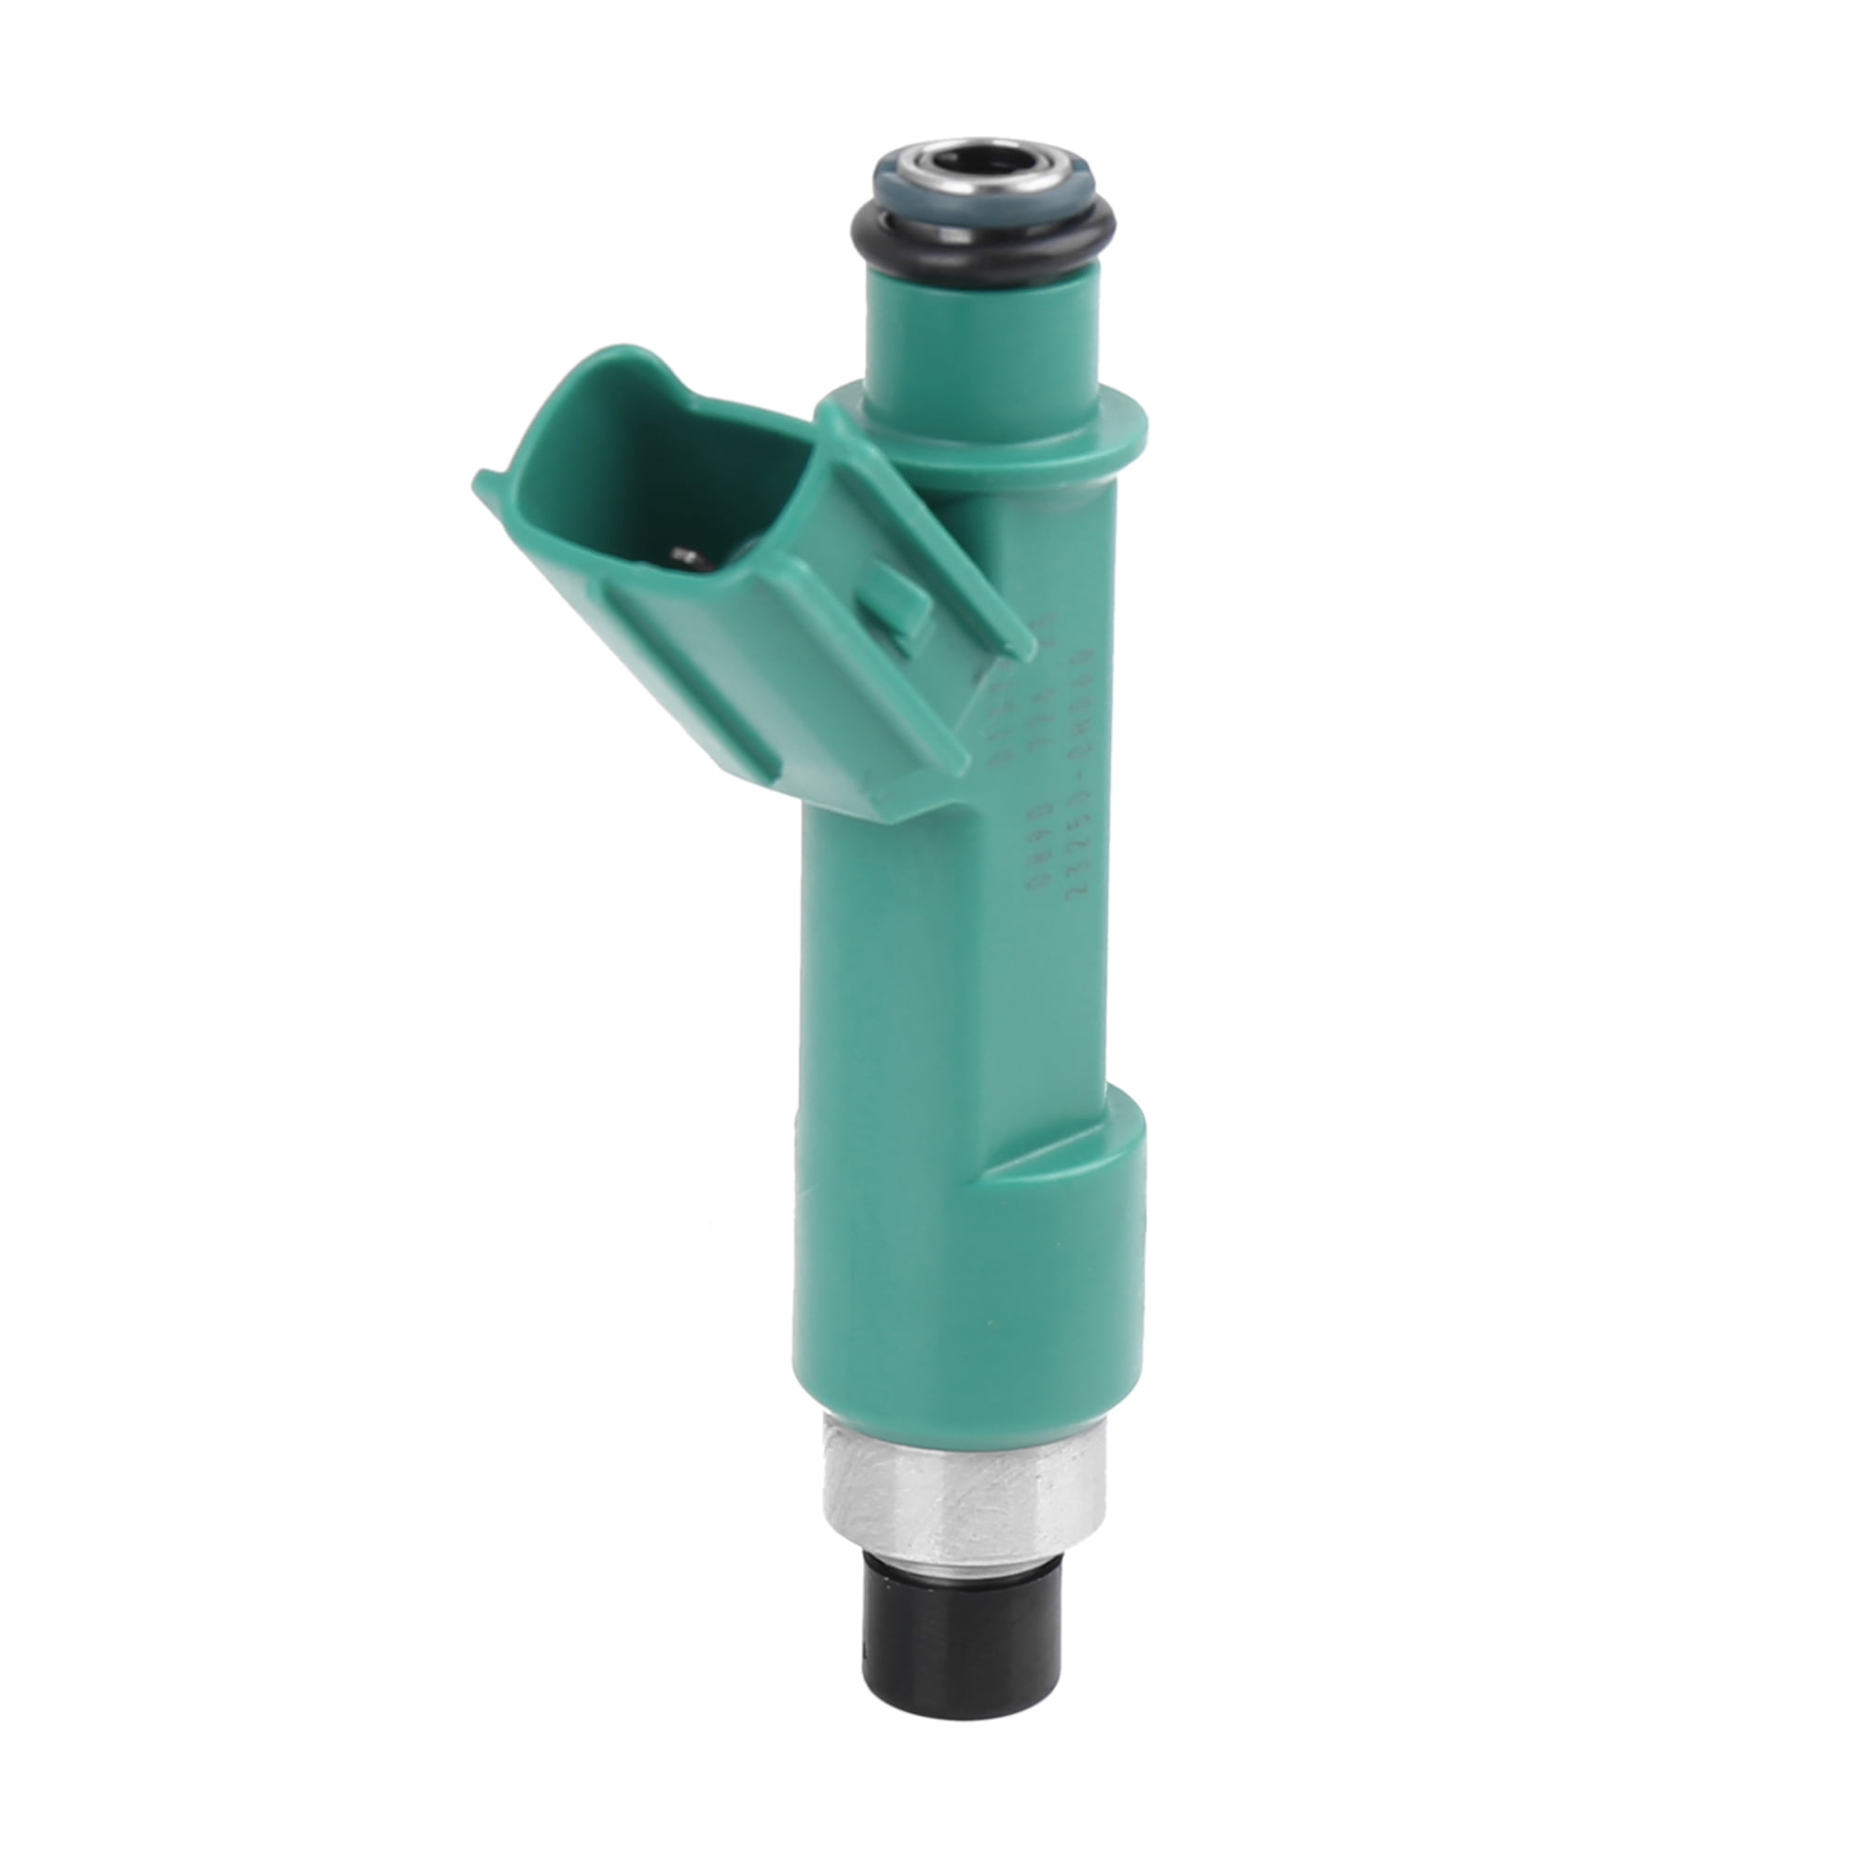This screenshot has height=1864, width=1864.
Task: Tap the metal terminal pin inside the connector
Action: [687, 555]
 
